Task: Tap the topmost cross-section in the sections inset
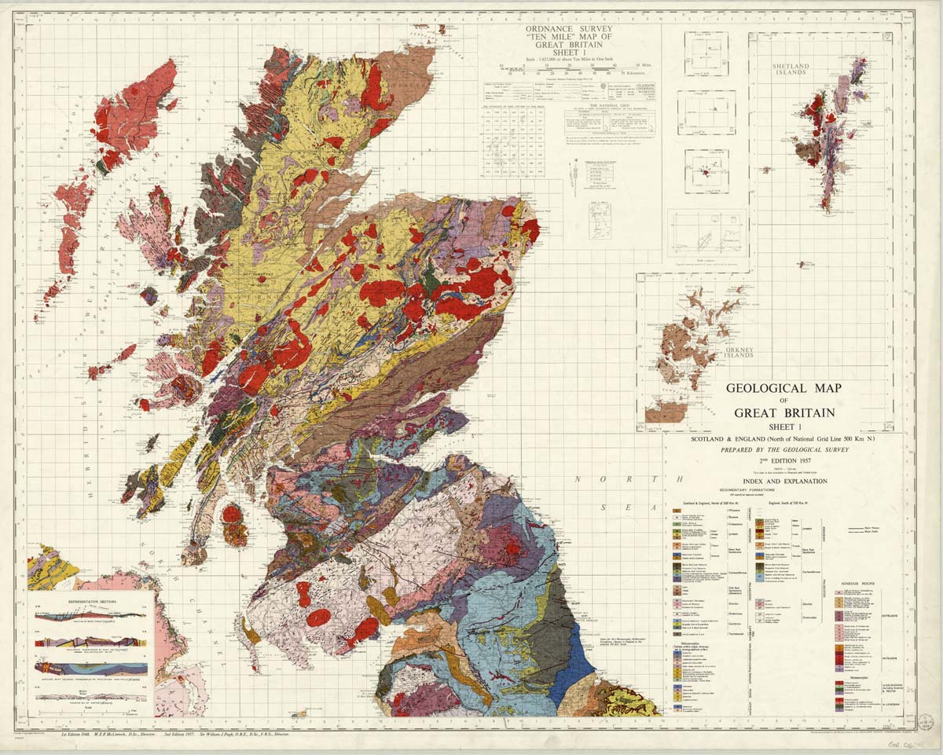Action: pyautogui.click(x=92, y=616)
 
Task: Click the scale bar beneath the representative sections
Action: pyautogui.click(x=92, y=709)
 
